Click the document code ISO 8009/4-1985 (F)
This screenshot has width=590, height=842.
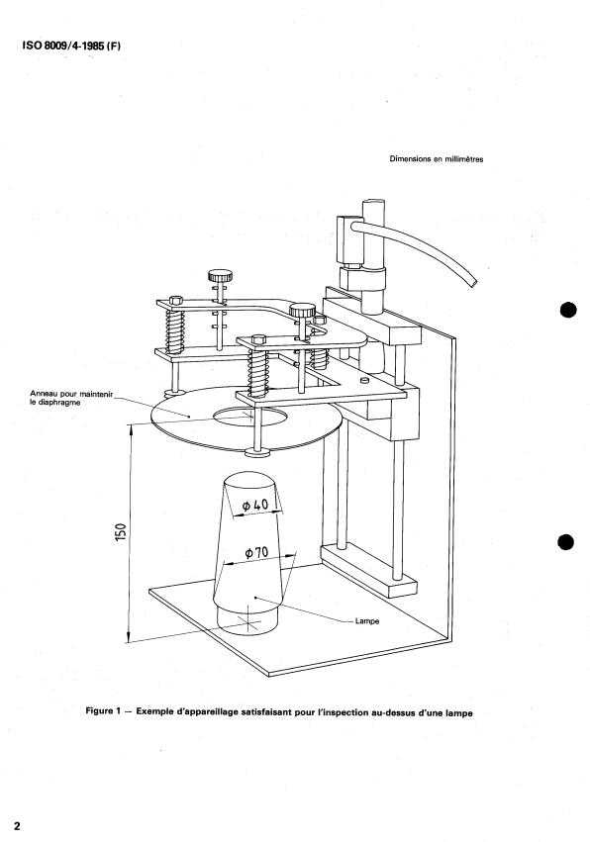click(71, 46)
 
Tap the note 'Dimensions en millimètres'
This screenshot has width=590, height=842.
click(436, 159)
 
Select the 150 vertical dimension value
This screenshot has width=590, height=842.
click(121, 532)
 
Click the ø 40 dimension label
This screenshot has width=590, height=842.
click(254, 505)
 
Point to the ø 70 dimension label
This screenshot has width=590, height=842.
click(256, 552)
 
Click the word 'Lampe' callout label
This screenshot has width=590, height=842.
click(367, 621)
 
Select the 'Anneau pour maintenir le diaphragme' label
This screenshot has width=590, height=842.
click(71, 398)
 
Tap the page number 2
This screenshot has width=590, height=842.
click(17, 826)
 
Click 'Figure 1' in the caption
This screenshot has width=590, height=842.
click(100, 711)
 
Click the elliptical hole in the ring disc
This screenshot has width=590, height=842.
click(249, 418)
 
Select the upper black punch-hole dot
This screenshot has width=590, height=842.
click(567, 311)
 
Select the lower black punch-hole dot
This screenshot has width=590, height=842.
click(566, 542)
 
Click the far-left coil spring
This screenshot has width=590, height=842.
click(175, 331)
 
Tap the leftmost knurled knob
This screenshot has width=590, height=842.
click(221, 276)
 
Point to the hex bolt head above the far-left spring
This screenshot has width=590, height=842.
click(175, 300)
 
